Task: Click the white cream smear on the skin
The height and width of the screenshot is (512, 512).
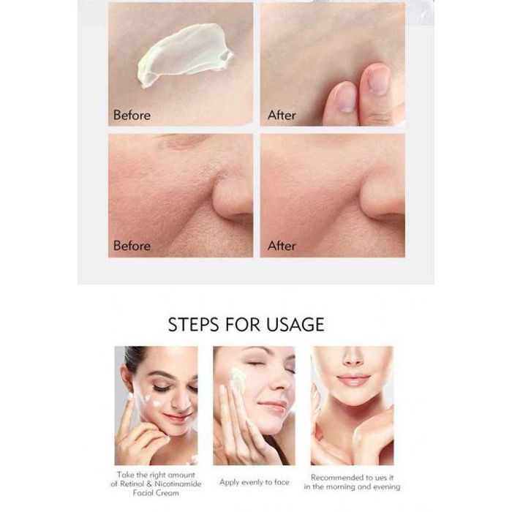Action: (x=184, y=54)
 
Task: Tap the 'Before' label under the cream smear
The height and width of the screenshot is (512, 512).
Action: (x=132, y=116)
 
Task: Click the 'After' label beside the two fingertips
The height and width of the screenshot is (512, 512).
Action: (x=282, y=116)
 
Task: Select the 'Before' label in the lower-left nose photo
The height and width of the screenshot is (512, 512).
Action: (x=132, y=246)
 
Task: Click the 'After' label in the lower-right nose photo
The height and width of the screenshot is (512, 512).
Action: (x=282, y=246)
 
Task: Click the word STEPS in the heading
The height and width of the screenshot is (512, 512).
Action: (x=193, y=325)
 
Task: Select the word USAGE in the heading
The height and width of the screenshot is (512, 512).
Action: (x=295, y=325)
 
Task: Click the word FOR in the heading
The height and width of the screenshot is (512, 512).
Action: (x=242, y=325)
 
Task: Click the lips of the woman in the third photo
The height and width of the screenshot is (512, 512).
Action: (x=353, y=380)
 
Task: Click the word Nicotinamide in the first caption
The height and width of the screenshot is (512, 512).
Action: (x=178, y=484)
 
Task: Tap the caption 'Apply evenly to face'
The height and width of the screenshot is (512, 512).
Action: (x=255, y=483)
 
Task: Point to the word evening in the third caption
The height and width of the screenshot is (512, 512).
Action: (x=387, y=487)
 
